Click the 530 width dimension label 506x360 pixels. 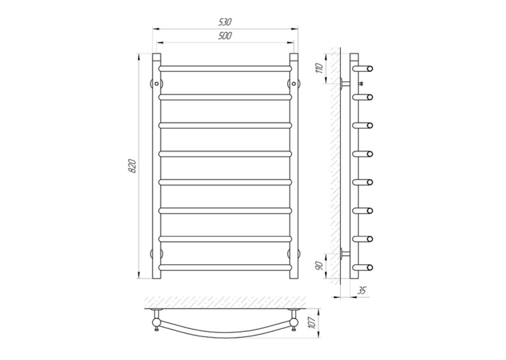tap(225, 22)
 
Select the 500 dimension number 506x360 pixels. tap(225, 36)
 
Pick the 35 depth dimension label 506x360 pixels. tap(362, 290)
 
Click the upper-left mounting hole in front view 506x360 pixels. tap(157, 83)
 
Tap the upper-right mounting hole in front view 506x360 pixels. tap(294, 83)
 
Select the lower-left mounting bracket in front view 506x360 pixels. tap(157, 253)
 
